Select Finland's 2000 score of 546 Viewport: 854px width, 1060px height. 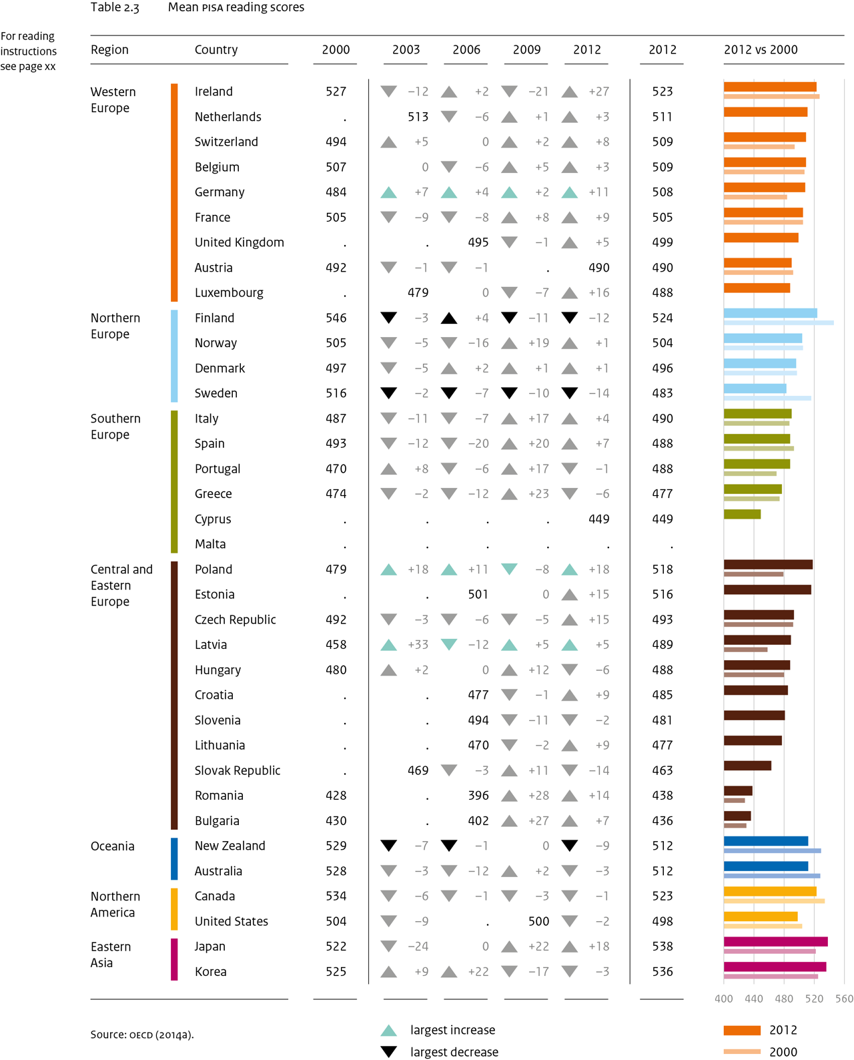tap(336, 318)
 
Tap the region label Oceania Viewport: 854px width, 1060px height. tap(112, 846)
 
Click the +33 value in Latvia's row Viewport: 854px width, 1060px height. tap(418, 645)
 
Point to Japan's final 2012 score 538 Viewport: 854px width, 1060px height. tap(662, 947)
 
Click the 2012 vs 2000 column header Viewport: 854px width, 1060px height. tap(760, 50)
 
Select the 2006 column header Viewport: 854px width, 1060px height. tap(466, 50)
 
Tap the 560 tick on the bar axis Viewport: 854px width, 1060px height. tap(844, 999)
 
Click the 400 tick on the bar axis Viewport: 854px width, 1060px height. tap(723, 999)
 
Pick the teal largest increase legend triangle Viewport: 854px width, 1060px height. tap(388, 1031)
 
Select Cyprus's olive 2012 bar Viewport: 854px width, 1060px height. tap(742, 514)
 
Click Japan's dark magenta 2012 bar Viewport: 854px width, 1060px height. tap(775, 942)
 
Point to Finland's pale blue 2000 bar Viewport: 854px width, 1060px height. tap(779, 323)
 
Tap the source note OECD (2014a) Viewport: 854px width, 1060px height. tap(141, 1035)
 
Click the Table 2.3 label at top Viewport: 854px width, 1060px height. tap(115, 7)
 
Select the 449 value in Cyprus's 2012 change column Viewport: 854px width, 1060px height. tap(598, 519)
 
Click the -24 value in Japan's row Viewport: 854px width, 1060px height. tap(418, 947)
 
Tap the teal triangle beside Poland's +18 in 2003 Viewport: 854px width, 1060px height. tap(388, 570)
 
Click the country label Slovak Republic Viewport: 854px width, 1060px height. tap(237, 771)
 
